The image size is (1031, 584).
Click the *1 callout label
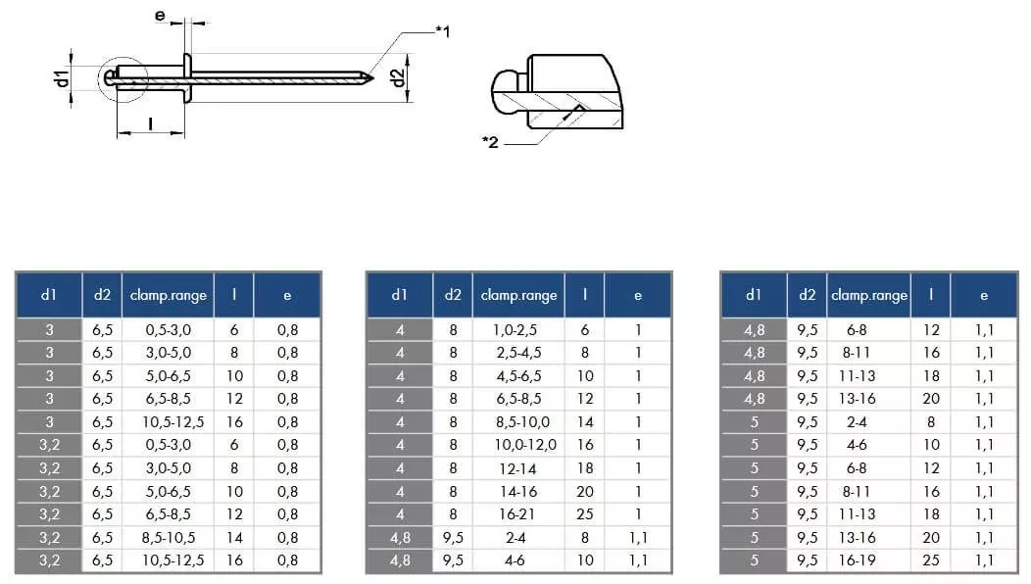pos(443,31)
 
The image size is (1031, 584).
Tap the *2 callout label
pos(490,141)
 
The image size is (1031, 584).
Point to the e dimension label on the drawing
pos(160,15)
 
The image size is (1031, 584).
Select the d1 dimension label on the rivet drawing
pos(62,78)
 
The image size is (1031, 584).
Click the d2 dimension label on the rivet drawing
pos(398,77)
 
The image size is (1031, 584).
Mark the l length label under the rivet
pos(151,123)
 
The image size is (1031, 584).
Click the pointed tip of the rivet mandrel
pos(372,78)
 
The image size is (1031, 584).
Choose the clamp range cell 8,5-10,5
pos(169,537)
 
